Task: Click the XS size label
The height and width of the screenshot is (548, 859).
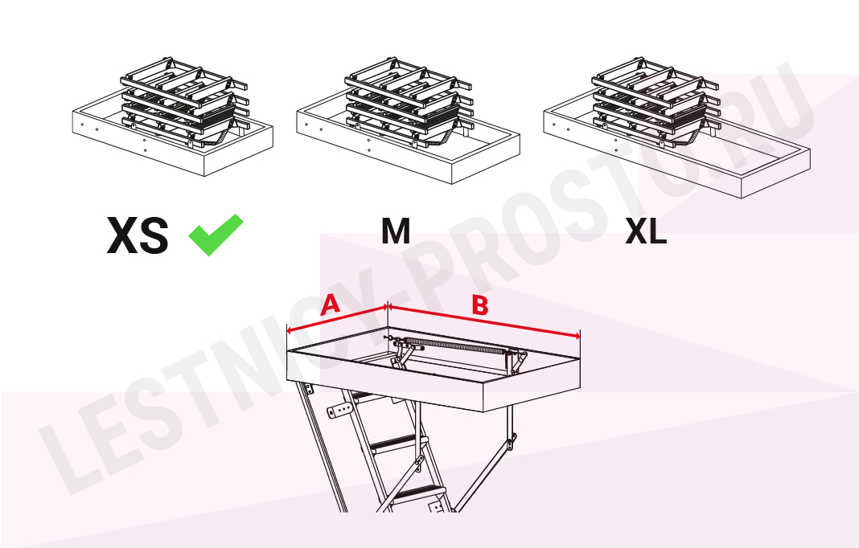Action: click(138, 235)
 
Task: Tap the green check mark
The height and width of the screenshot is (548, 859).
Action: click(216, 235)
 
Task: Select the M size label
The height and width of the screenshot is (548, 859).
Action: click(396, 231)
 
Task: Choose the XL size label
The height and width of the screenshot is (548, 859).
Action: click(646, 231)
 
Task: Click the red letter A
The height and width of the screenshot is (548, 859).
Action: click(331, 305)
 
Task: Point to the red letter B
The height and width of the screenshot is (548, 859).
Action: click(480, 305)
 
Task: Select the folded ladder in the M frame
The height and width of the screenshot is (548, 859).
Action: click(409, 102)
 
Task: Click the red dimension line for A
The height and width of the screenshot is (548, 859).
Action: click(337, 319)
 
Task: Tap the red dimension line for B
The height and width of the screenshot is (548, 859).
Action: click(483, 321)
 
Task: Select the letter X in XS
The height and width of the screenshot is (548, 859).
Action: click(122, 235)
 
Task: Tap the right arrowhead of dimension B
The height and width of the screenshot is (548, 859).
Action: click(577, 336)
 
